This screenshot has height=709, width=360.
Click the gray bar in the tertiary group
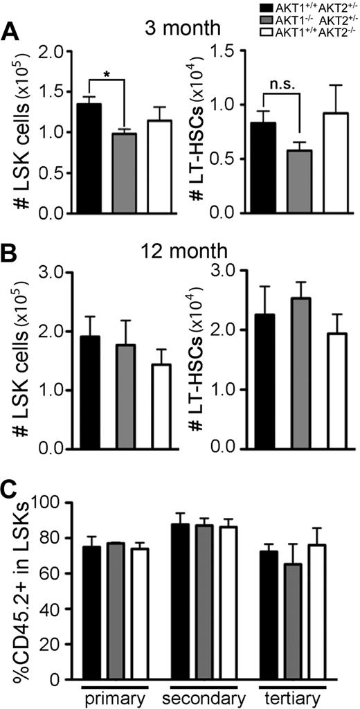point(292,634)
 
